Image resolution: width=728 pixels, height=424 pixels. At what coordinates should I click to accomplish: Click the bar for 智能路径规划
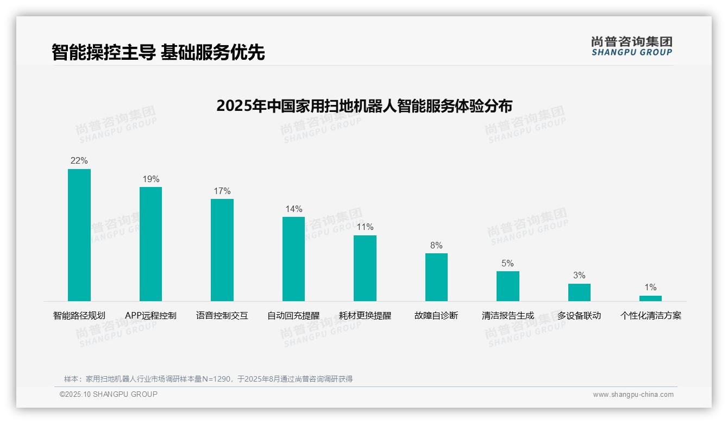[x=79, y=235]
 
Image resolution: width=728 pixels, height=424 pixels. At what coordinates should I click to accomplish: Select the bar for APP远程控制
[x=150, y=244]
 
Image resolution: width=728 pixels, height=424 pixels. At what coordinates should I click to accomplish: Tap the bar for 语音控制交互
[x=222, y=250]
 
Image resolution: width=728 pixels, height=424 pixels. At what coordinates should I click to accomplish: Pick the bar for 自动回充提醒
[x=293, y=259]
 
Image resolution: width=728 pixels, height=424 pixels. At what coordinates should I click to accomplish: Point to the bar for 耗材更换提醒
[x=365, y=268]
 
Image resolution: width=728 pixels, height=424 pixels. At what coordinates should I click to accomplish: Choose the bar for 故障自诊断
[x=436, y=277]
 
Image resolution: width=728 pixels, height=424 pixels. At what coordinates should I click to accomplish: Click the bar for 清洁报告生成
[x=508, y=286]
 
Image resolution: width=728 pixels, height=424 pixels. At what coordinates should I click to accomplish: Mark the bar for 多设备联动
[x=579, y=292]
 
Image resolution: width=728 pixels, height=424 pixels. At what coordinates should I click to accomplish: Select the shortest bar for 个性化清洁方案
[x=650, y=298]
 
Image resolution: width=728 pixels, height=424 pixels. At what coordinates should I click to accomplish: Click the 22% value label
[x=79, y=161]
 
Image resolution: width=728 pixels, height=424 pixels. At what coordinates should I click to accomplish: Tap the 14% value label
[x=293, y=209]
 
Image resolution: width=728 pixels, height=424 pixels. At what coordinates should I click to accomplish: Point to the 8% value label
[x=436, y=246]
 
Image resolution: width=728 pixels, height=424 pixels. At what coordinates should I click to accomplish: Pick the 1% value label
[x=650, y=288]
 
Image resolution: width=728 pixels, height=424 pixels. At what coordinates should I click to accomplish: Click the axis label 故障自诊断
[x=436, y=316]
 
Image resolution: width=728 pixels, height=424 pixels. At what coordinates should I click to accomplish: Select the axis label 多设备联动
[x=579, y=316]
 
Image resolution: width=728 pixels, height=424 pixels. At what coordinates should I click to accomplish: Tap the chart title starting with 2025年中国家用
[x=364, y=106]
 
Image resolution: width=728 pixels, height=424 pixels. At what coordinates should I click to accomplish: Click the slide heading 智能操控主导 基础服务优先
[x=158, y=53]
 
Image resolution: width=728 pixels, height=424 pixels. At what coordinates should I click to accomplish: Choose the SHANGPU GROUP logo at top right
[x=632, y=46]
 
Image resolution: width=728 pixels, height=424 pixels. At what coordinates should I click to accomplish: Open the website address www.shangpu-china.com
[x=633, y=395]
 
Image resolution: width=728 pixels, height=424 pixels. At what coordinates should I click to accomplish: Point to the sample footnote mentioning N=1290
[x=209, y=379]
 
